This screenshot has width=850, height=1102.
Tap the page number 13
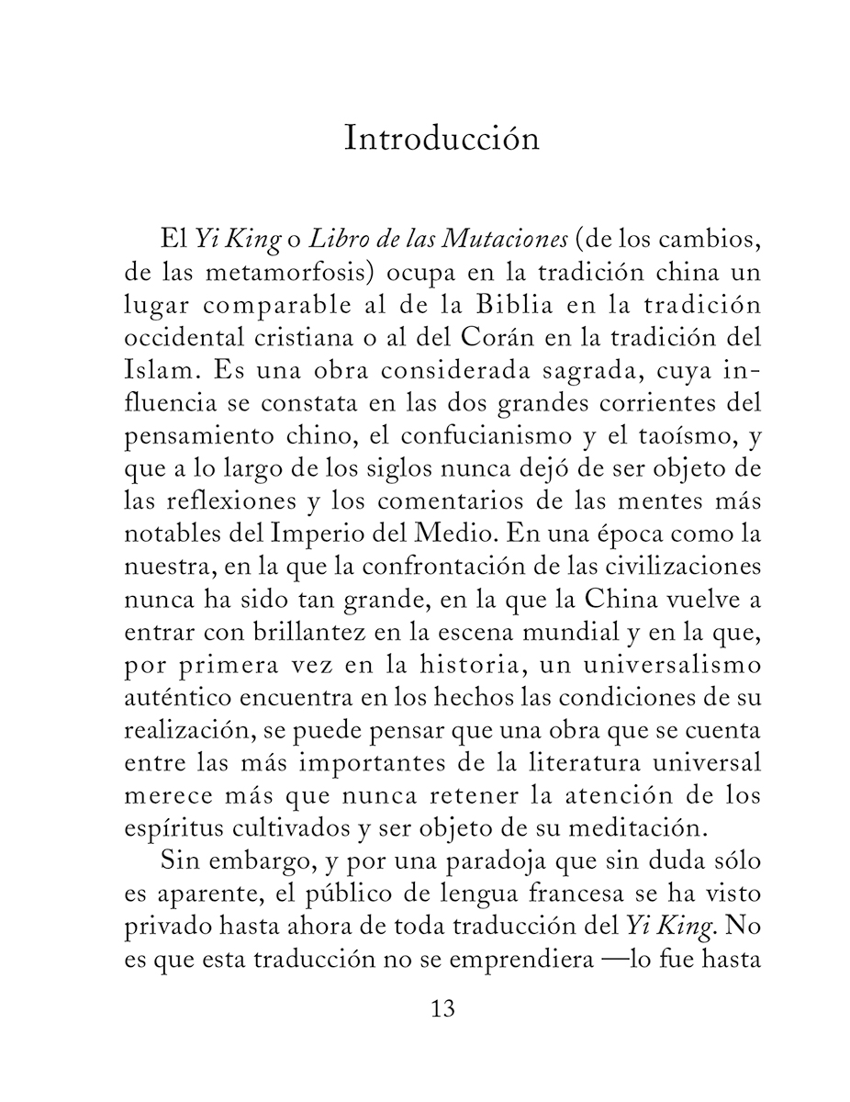tap(442, 1009)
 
